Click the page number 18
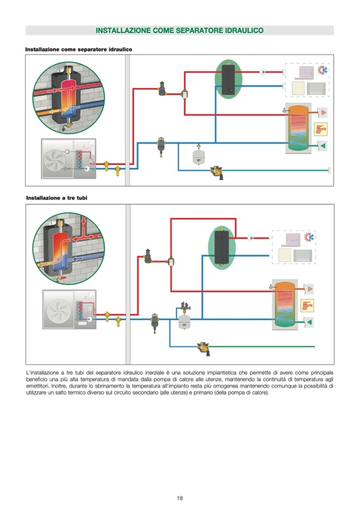tap(180, 497)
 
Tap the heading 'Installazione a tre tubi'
tap(57, 197)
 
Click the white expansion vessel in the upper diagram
tap(199, 157)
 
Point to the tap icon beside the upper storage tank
tap(321, 129)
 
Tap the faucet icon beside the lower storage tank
tap(307, 305)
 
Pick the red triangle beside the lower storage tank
tap(308, 289)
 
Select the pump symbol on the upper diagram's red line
tap(263, 72)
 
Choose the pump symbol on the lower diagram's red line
tap(251, 238)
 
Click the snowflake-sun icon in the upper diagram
tap(322, 71)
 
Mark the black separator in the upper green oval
tap(228, 80)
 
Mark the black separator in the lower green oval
tap(221, 247)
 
